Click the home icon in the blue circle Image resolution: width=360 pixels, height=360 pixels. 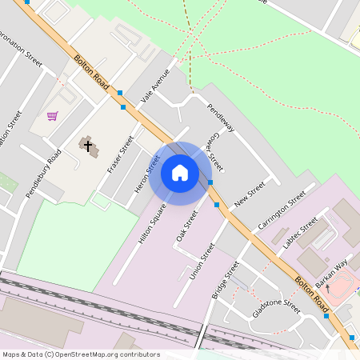(180, 173)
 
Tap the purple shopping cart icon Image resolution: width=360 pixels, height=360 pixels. (52, 116)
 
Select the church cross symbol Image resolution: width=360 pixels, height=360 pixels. (86, 146)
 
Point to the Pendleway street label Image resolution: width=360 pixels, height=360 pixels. (220, 118)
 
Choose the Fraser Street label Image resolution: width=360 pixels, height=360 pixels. (120, 154)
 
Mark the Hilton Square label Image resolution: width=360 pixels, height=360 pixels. (151, 223)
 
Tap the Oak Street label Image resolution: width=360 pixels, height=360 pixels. (186, 226)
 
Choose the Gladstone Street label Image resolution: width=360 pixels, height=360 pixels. (276, 310)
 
